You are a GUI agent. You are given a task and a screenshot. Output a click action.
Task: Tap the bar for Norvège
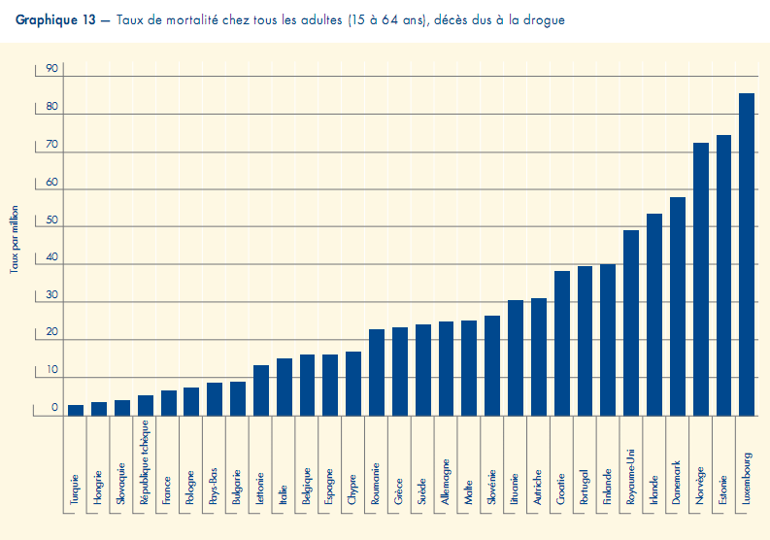tap(700, 279)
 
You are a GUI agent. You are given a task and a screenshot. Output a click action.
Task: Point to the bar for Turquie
tap(76, 410)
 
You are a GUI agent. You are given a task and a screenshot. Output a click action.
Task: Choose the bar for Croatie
tap(561, 343)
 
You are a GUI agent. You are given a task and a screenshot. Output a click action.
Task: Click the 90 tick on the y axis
tap(51, 69)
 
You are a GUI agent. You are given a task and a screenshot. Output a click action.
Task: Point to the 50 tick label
tap(51, 220)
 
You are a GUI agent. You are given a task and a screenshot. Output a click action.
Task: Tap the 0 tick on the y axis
tap(55, 409)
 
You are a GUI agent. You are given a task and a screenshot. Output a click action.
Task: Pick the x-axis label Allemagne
tap(446, 484)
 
